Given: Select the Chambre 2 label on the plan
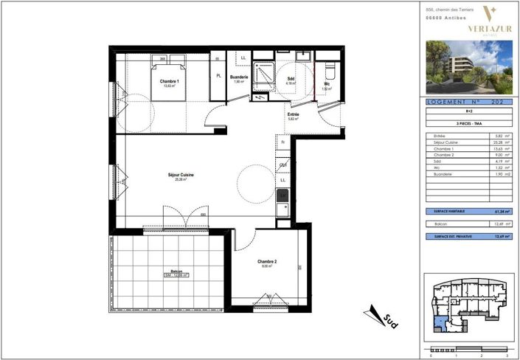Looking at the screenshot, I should (x=267, y=263).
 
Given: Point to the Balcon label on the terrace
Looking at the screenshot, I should (x=176, y=271).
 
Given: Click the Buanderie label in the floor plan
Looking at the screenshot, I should (x=238, y=77).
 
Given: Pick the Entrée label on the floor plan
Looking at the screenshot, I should (x=293, y=114).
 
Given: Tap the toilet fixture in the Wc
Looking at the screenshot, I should (x=329, y=72).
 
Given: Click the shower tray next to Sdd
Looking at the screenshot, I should (x=263, y=73).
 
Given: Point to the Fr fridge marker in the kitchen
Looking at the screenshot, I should (x=282, y=142).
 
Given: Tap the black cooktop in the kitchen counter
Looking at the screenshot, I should (x=282, y=195).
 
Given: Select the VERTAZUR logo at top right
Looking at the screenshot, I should (x=489, y=21).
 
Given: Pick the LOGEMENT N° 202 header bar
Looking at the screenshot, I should (x=469, y=103).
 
